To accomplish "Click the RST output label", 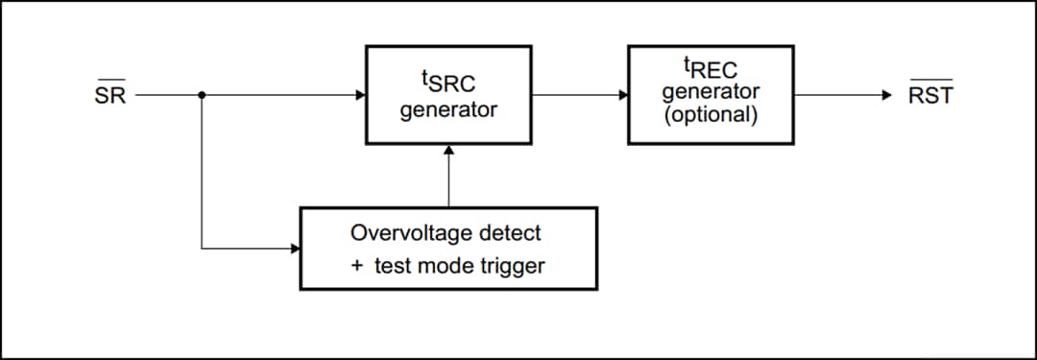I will pos(929,95).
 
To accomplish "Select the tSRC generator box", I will pos(448,95).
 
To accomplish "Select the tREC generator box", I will pos(711,95).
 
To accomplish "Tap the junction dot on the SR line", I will pos(202,95).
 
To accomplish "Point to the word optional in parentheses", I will pos(711,114).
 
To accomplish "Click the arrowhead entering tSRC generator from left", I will pos(360,95).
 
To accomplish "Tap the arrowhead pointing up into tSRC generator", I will pos(448,151).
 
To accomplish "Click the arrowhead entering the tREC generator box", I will pos(623,95).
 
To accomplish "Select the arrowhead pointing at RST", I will pos(886,95).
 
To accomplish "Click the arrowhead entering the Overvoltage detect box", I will pos(295,249).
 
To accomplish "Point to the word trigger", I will pos(512,266).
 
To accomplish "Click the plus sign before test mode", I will pos(357,266).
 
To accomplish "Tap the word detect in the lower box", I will pos(510,233).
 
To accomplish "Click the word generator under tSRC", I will pos(448,109).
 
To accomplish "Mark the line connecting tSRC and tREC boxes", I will pos(576,95).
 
